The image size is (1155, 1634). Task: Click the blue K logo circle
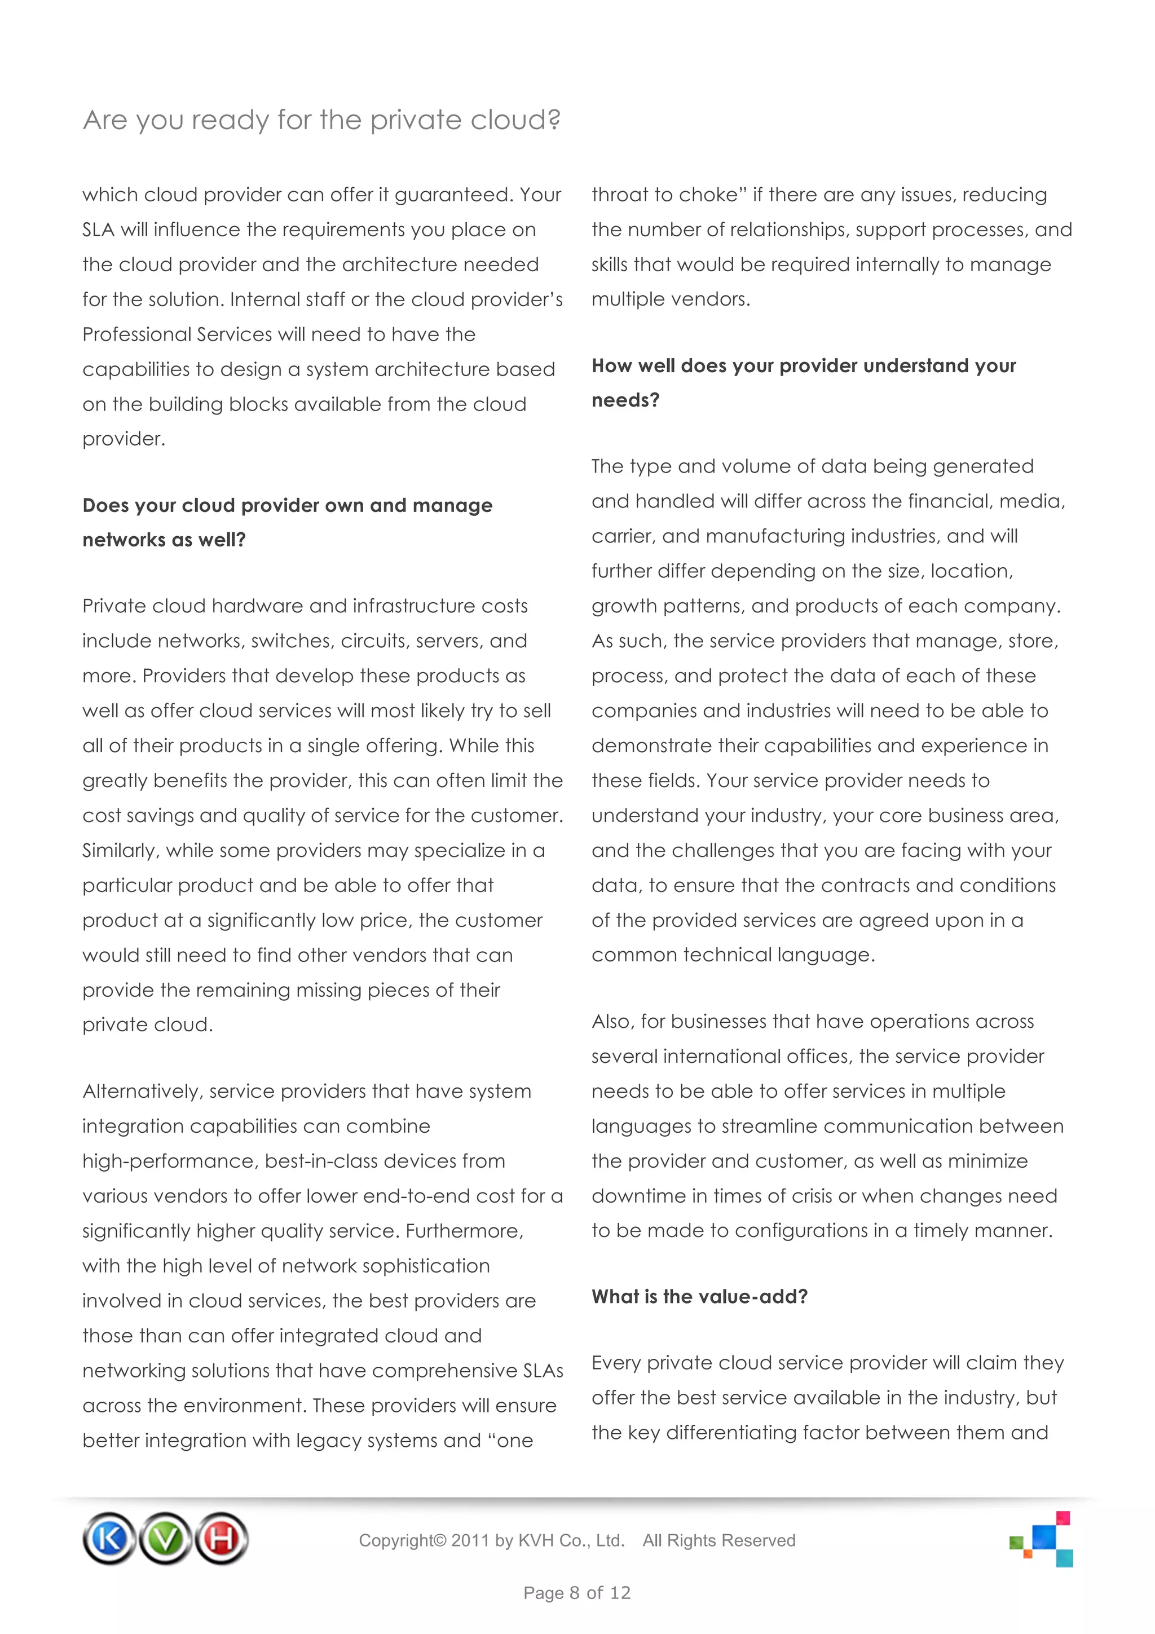109,1539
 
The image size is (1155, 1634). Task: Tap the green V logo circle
165,1539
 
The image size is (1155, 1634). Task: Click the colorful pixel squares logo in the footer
1042,1539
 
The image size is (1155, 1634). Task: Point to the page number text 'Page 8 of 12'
576,1593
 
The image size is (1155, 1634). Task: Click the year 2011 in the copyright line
470,1541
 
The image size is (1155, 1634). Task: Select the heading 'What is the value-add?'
699,1297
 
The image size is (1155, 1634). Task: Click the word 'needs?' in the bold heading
625,401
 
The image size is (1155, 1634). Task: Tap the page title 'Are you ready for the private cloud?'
321,120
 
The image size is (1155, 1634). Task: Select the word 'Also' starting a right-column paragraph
611,1022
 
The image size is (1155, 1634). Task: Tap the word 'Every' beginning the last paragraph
616,1363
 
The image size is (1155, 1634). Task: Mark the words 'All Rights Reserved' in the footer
718,1541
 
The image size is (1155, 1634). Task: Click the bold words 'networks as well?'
164,540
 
